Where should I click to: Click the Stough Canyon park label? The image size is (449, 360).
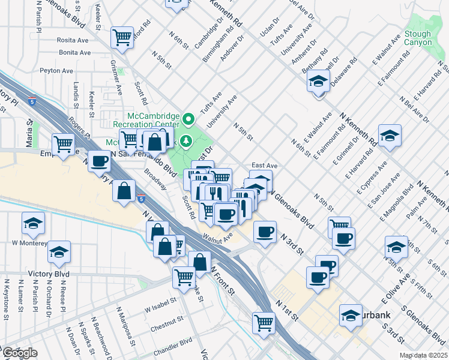pyautogui.click(x=418, y=38)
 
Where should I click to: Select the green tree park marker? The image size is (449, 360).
pyautogui.click(x=187, y=141)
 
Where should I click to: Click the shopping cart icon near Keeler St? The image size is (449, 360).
pyautogui.click(x=122, y=37)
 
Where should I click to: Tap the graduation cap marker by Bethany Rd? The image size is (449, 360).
pyautogui.click(x=318, y=81)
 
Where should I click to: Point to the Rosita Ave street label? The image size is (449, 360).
pyautogui.click(x=74, y=40)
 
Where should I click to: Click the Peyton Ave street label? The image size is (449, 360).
pyautogui.click(x=56, y=70)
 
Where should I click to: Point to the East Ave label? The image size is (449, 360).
pyautogui.click(x=264, y=165)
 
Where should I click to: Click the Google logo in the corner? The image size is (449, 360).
pyautogui.click(x=19, y=353)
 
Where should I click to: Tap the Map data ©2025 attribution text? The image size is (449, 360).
pyautogui.click(x=422, y=355)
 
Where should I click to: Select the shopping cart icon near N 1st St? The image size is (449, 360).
pyautogui.click(x=264, y=322)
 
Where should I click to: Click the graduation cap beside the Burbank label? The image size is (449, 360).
pyautogui.click(x=351, y=314)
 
